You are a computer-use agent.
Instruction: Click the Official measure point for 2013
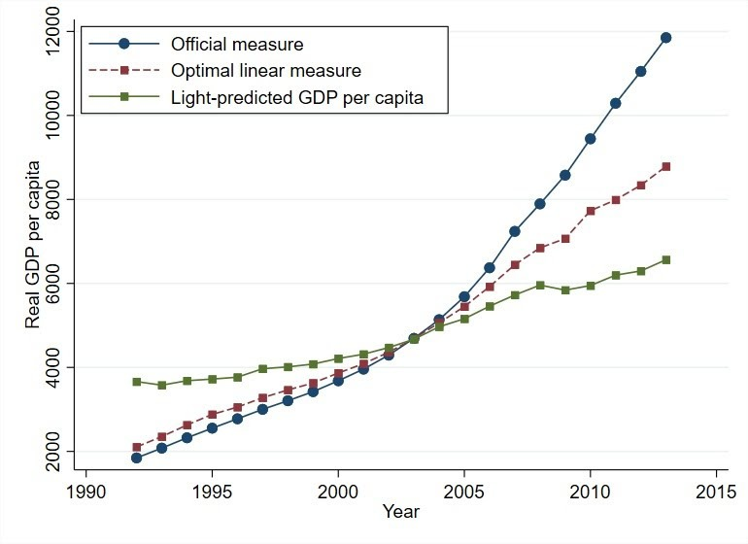point(665,38)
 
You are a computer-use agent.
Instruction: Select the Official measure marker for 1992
point(137,458)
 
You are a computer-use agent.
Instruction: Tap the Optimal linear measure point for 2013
point(665,166)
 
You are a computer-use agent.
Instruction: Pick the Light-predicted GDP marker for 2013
point(665,259)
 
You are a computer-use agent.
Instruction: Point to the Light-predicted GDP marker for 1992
point(137,382)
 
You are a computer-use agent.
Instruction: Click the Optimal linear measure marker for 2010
point(590,211)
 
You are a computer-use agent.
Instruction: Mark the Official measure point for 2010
point(590,139)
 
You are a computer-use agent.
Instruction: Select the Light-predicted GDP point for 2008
point(539,285)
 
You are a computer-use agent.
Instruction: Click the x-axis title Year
point(401,511)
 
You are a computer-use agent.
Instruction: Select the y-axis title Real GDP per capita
point(33,242)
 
